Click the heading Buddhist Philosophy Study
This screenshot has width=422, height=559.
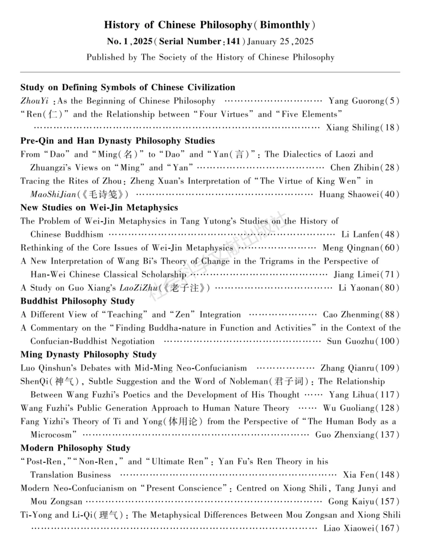click(x=77, y=301)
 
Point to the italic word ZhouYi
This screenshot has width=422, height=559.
click(x=34, y=101)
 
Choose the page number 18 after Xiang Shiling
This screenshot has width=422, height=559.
click(x=390, y=128)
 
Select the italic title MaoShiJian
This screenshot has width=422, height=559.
click(x=54, y=194)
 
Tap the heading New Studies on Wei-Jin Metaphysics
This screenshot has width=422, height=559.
click(x=99, y=207)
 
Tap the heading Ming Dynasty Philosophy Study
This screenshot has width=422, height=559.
click(x=88, y=355)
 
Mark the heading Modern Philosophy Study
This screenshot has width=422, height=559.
click(x=75, y=448)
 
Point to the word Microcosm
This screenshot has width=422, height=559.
click(x=51, y=435)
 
